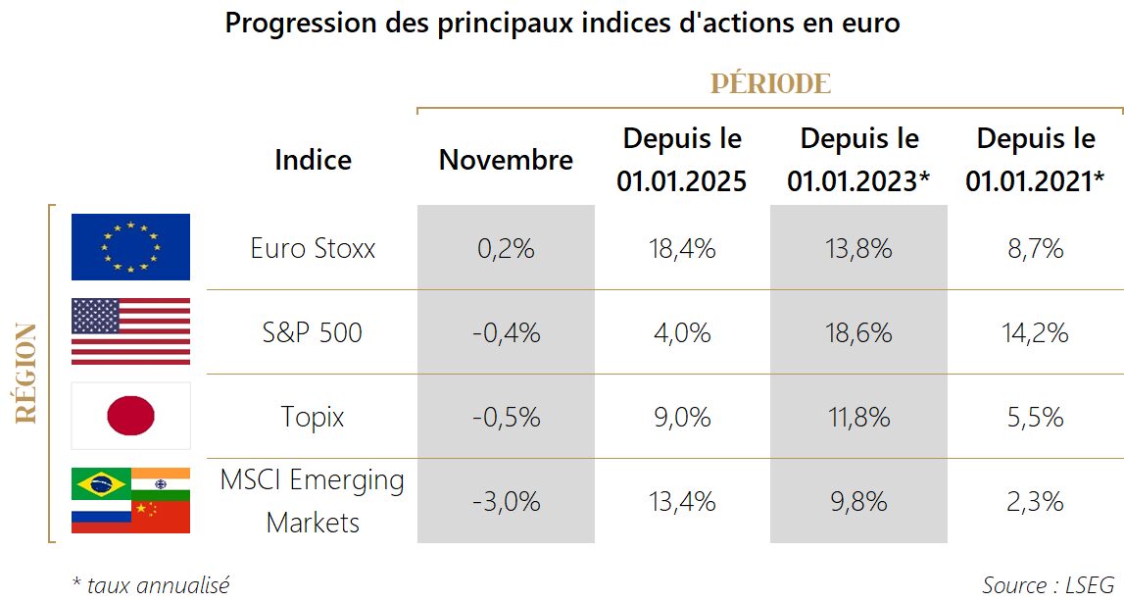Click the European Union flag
[130, 247]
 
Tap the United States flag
[130, 331]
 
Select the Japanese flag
[130, 416]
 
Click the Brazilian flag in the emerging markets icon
[101, 483]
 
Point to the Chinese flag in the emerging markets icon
[161, 517]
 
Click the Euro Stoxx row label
[313, 248]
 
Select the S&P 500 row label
[313, 332]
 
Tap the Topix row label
[313, 417]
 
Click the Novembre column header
[506, 160]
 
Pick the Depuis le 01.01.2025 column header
[682, 160]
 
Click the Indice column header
[313, 160]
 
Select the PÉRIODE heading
[770, 83]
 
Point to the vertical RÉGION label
[27, 373]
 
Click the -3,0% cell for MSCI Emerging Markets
[506, 502]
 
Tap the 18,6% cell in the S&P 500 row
[858, 332]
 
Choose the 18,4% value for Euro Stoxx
[682, 248]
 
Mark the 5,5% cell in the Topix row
[1035, 417]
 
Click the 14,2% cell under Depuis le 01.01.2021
[1035, 332]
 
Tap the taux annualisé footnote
[152, 585]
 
